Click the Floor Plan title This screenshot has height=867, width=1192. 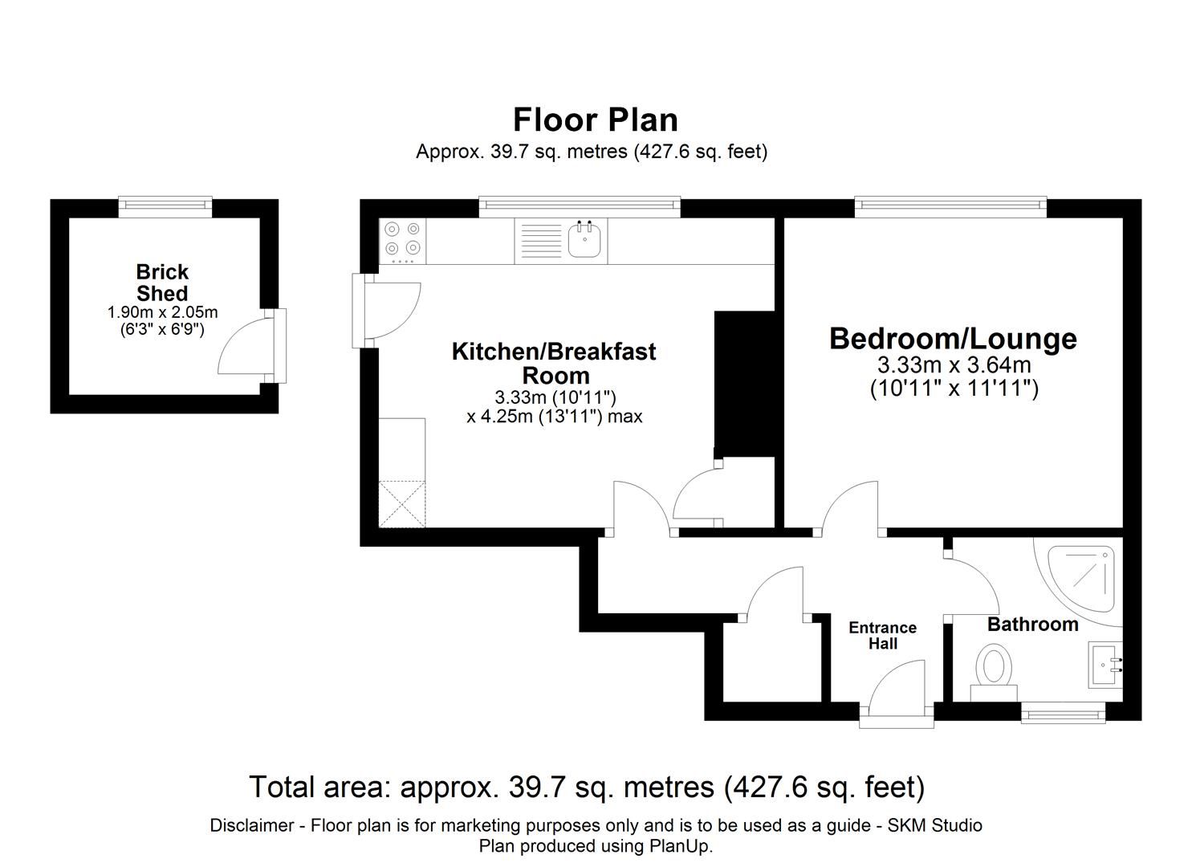click(x=596, y=120)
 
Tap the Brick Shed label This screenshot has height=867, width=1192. click(x=162, y=283)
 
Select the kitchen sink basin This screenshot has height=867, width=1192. click(x=584, y=240)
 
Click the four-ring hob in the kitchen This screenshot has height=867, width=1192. click(x=402, y=239)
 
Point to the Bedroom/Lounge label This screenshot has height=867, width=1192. click(x=953, y=338)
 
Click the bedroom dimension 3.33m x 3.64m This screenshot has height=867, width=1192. click(x=954, y=365)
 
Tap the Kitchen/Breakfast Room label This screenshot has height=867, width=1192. click(x=554, y=363)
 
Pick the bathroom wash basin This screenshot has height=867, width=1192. click(x=1105, y=664)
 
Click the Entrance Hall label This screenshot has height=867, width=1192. click(x=882, y=635)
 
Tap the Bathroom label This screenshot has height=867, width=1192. click(x=1032, y=624)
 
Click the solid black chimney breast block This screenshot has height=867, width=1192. click(x=743, y=384)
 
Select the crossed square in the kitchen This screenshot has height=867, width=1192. click(x=401, y=503)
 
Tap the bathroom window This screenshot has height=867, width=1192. click(x=1063, y=711)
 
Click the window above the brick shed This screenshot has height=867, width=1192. click(x=165, y=207)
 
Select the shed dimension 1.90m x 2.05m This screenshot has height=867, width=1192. click(x=162, y=312)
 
